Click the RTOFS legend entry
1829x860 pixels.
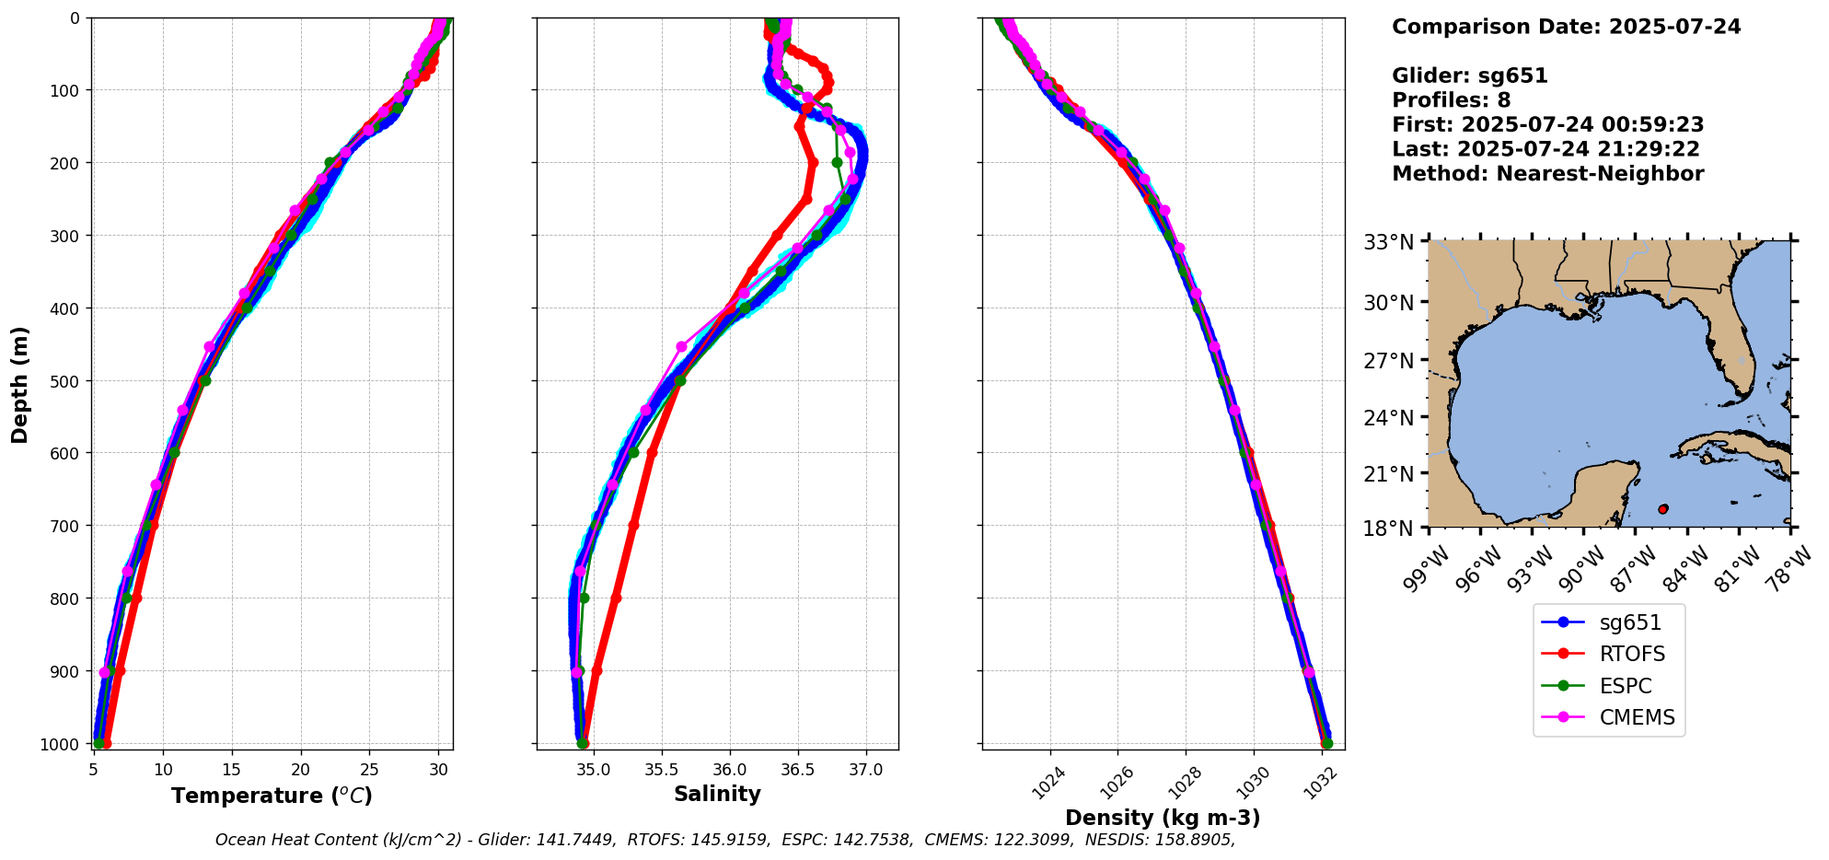(1631, 654)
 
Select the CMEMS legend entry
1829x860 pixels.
(1637, 717)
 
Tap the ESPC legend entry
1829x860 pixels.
(1625, 686)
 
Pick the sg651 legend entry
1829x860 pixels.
(1629, 622)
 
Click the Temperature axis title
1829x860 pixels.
(272, 796)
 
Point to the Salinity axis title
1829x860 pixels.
(717, 795)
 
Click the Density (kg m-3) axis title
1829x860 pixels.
(1163, 818)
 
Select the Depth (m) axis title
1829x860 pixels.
(20, 384)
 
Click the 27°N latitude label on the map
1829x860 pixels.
(1388, 360)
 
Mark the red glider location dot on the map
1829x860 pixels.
(1662, 509)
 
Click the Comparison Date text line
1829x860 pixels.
(1566, 27)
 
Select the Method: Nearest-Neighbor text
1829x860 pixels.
(1547, 174)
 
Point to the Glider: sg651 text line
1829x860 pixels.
(1469, 76)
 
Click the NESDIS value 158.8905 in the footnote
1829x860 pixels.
(1195, 840)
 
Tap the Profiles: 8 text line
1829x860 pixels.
(1451, 100)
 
